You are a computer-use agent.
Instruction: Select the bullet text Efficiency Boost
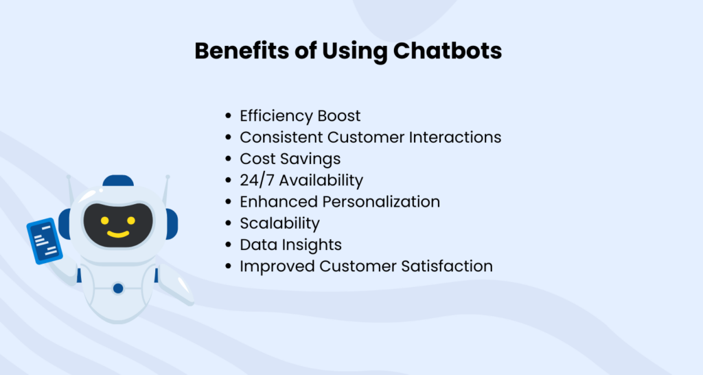pyautogui.click(x=300, y=115)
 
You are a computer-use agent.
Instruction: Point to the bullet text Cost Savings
pyautogui.click(x=290, y=159)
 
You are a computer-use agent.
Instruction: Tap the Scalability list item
pyautogui.click(x=279, y=223)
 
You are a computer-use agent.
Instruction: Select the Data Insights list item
pyautogui.click(x=290, y=245)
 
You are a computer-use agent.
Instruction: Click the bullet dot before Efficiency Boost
pyautogui.click(x=228, y=116)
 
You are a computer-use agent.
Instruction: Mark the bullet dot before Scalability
pyautogui.click(x=228, y=224)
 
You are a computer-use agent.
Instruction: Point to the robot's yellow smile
pyautogui.click(x=117, y=234)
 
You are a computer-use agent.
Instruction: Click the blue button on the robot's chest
pyautogui.click(x=118, y=288)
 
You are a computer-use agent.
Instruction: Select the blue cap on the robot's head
pyautogui.click(x=118, y=181)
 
